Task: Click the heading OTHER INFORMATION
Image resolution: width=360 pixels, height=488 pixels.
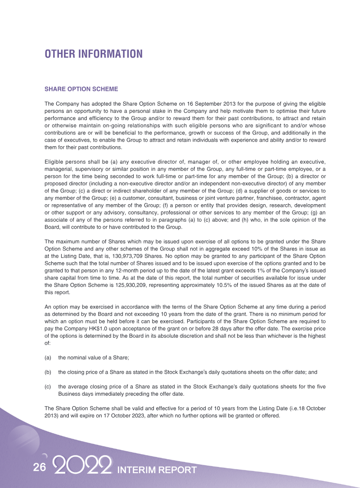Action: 93,54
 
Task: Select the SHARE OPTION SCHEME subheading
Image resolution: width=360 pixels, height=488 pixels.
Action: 81,89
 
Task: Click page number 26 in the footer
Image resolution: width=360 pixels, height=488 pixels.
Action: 39,467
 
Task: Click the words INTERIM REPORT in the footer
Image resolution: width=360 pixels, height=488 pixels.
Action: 157,470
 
